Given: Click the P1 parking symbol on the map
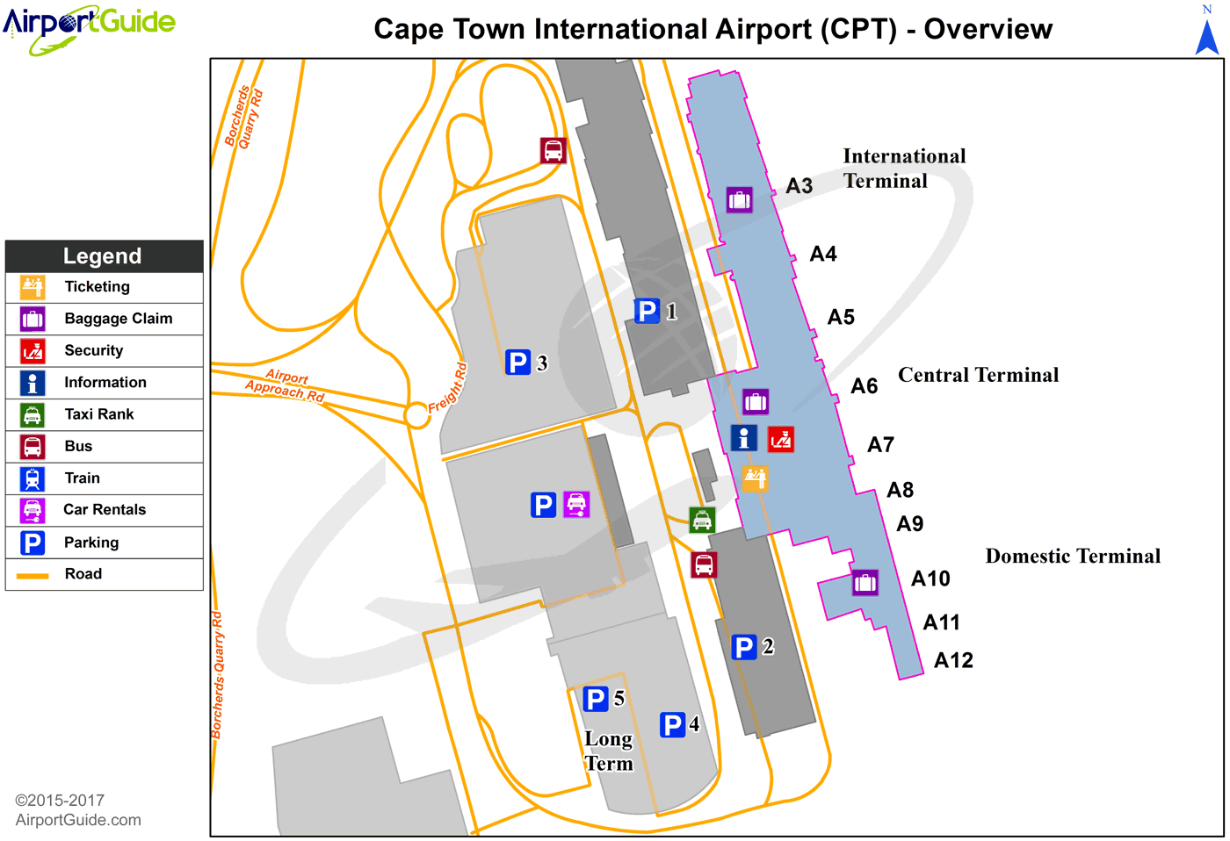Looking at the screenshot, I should [647, 311].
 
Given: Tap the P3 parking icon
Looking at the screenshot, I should [517, 362].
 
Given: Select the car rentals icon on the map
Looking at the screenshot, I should [576, 505].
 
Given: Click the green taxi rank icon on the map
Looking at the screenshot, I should [702, 520].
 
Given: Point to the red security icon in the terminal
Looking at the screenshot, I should [780, 438].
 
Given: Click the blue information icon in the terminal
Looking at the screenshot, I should [743, 437].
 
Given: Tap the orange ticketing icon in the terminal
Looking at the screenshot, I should [755, 478].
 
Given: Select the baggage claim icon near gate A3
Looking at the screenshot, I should [739, 199].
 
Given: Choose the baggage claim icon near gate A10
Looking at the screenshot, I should [865, 582].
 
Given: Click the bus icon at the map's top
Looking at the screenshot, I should [553, 150].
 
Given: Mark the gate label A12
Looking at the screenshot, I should [953, 660].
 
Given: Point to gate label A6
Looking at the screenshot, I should [865, 385].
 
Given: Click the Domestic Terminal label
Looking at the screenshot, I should [1073, 556].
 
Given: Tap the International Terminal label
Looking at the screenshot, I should [903, 168].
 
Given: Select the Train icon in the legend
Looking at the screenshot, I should [33, 478].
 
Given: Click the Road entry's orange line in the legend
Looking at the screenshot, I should [33, 575].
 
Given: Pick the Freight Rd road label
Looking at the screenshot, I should [448, 387].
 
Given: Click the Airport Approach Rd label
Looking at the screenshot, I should [286, 385].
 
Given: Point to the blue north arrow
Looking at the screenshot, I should [1207, 37].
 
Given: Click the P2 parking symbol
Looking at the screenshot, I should [743, 647].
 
